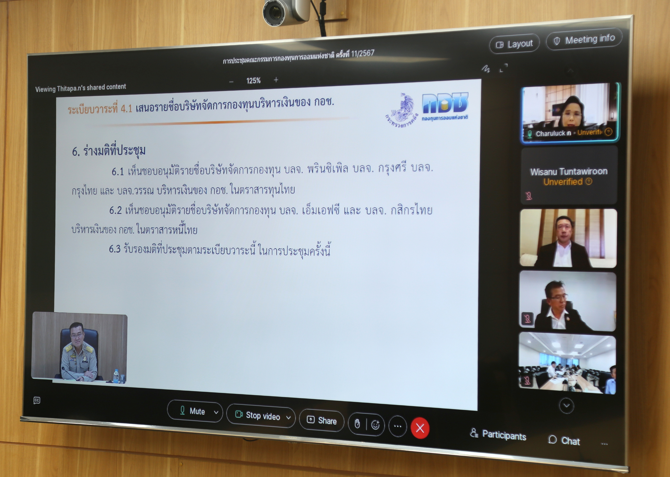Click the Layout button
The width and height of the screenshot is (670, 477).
coord(514,44)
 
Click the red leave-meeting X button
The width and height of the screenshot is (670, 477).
coord(420,428)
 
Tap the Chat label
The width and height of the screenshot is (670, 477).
coord(564,440)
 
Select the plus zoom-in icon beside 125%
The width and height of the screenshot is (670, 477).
coord(276,80)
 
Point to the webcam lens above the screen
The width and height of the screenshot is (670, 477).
coord(275,13)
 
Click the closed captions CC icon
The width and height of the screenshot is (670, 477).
coord(37,400)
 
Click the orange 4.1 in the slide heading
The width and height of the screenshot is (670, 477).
coord(127,109)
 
